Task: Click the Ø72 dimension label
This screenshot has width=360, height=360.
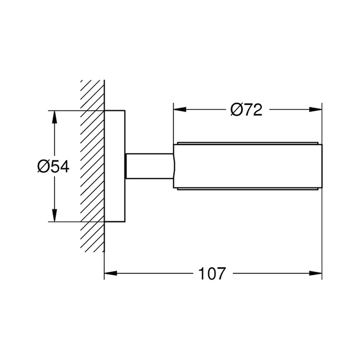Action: [246, 110]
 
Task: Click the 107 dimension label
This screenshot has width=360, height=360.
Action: [212, 274]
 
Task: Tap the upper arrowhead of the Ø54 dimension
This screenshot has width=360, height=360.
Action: [54, 117]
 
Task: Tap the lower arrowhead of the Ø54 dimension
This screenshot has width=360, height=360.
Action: [54, 215]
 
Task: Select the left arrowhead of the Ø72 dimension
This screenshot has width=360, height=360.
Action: [180, 109]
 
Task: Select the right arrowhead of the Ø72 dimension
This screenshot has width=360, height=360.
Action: [315, 109]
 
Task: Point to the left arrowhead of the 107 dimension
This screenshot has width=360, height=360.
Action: [111, 273]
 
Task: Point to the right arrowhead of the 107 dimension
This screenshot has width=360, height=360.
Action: [315, 273]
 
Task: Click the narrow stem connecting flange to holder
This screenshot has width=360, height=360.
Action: [149, 166]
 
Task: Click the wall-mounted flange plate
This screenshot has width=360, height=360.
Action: [115, 166]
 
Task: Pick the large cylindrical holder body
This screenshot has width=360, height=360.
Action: [248, 166]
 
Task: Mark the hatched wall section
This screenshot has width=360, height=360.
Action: [92, 166]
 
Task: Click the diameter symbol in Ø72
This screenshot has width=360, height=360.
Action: [236, 110]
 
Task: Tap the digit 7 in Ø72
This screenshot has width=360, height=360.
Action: [247, 110]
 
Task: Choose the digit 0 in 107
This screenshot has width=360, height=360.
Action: [212, 274]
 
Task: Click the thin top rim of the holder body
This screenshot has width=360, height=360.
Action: [248, 143]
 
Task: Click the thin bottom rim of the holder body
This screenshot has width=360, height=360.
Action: [248, 189]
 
